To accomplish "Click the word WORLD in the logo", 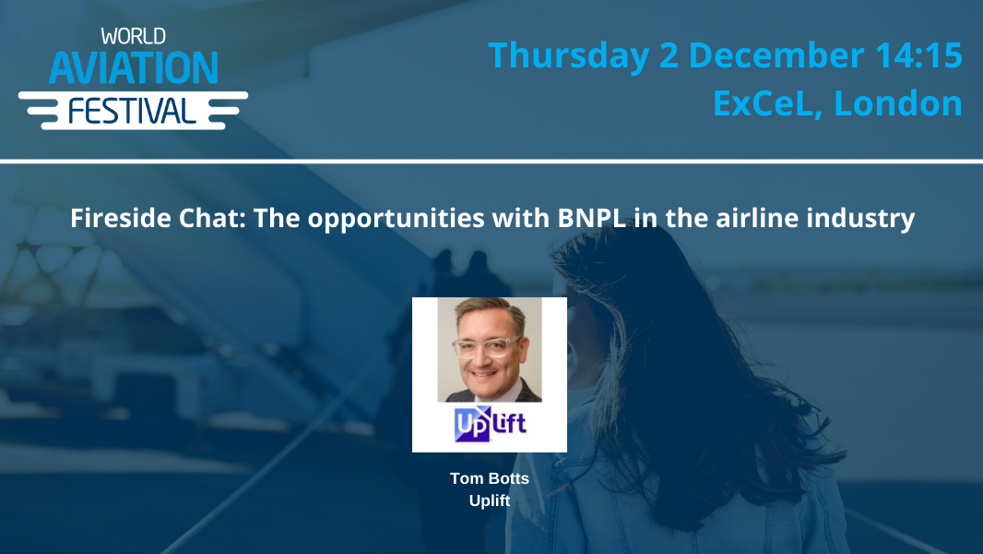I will pos(133,37).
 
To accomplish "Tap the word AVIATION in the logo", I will pos(133,67).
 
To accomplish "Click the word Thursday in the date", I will pos(569,55).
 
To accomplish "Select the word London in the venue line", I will pos(898,102).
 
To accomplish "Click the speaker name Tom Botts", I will pos(490,478).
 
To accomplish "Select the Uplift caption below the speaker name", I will pos(490,500).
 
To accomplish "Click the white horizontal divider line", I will pos(491,162).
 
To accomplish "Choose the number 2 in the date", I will pos(669,55).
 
